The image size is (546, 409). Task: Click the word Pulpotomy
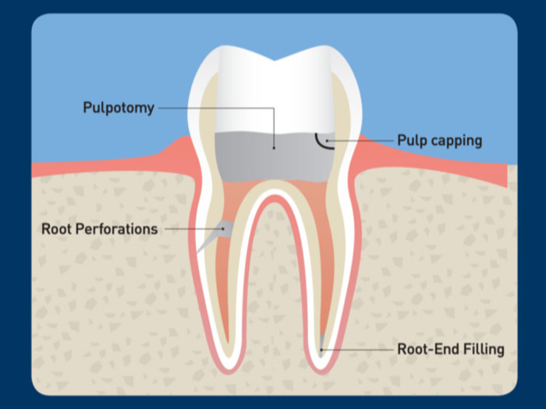119,108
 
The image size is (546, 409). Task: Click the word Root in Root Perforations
59,229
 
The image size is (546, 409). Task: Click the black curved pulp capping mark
320,142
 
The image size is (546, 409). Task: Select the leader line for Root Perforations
191,229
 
